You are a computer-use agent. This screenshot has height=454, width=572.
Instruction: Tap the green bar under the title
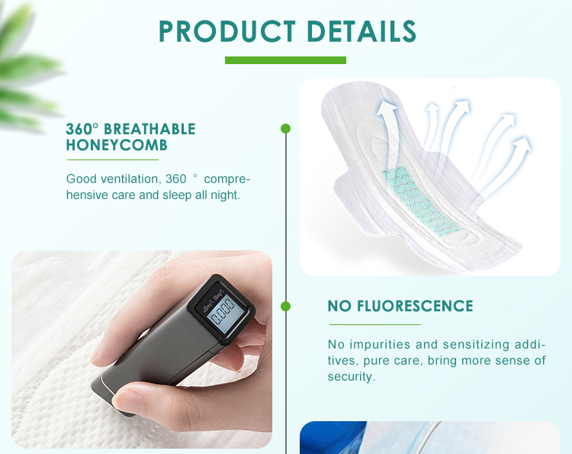point(285,60)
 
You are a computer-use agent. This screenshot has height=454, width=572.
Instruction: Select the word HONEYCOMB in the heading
point(117,145)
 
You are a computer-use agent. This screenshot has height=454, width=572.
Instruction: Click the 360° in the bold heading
point(82,129)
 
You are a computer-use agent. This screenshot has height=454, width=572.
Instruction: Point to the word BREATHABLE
point(149,129)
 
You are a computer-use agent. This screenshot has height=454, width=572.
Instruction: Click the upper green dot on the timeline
point(285,129)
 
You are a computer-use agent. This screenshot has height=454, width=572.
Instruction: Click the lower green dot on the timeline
point(285,306)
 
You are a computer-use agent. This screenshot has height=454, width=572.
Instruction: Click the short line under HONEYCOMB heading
point(112,160)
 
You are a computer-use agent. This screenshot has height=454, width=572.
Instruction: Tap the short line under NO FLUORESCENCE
point(374,324)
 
